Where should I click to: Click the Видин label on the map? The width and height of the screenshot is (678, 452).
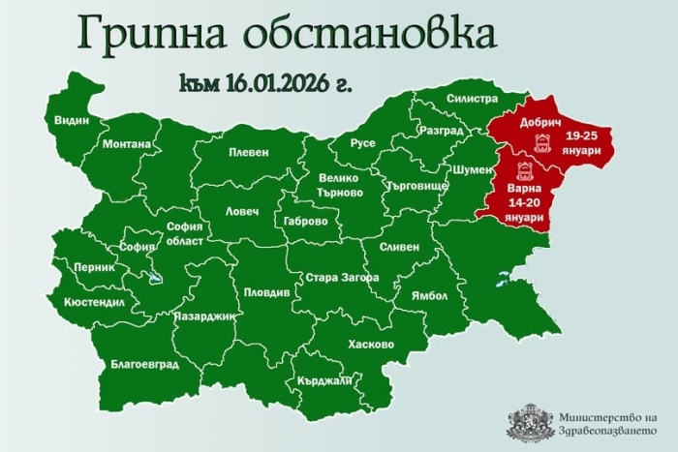[73, 120]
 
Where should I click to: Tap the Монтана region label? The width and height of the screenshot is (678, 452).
[126, 144]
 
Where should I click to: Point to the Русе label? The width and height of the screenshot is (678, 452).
[362, 142]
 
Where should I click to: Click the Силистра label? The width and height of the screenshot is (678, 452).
[472, 99]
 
